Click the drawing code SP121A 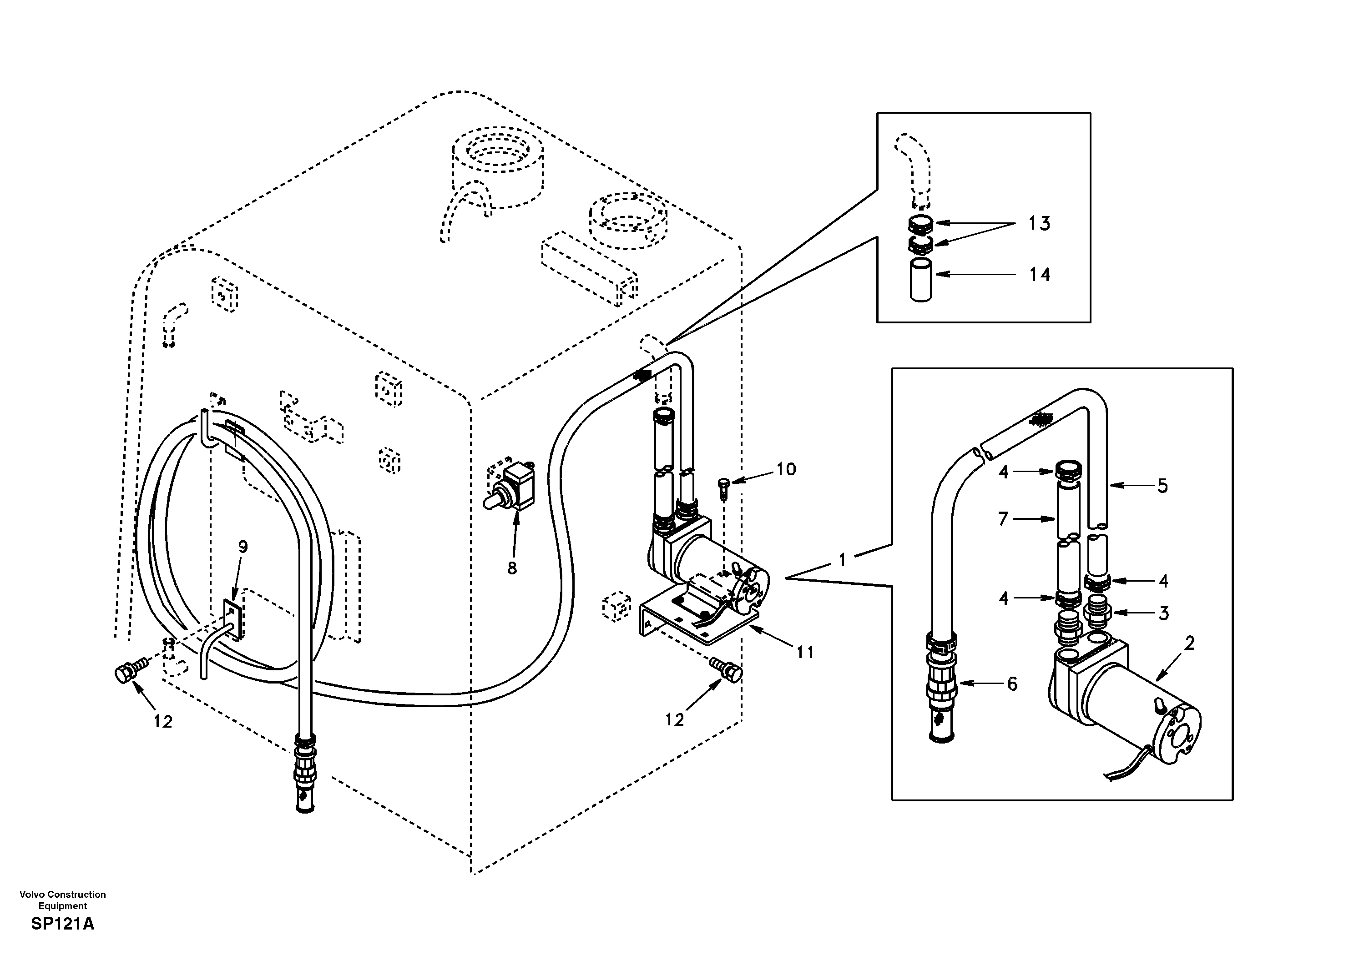click(x=62, y=924)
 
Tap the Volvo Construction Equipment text click(x=62, y=900)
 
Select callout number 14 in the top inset click(x=1039, y=275)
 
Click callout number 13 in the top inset click(x=1039, y=223)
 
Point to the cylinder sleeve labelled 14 click(x=920, y=279)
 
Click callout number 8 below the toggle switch click(x=512, y=568)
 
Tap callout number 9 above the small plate click(x=243, y=547)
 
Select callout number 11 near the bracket click(x=805, y=652)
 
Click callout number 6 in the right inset click(x=1012, y=684)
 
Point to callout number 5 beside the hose click(x=1162, y=486)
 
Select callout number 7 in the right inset click(x=1003, y=519)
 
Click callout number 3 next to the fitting click(x=1163, y=613)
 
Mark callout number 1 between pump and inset click(x=842, y=559)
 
